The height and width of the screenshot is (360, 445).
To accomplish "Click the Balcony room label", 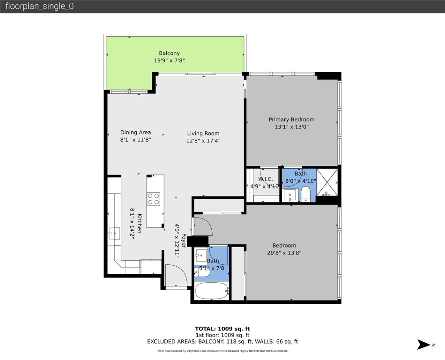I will point(169,53).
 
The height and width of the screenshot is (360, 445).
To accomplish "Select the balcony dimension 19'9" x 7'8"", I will point(169,60).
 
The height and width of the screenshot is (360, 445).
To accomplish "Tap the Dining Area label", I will point(135,132).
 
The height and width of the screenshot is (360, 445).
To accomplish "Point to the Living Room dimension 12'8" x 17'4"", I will point(203,140).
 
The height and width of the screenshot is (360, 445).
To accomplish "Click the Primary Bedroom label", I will point(291,120).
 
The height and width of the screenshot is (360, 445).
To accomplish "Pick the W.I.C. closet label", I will point(265,179).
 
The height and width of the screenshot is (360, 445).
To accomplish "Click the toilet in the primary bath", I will point(305,194).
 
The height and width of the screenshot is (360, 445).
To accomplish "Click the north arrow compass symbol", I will point(423,345).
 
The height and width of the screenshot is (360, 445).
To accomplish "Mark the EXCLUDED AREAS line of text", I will point(222,342).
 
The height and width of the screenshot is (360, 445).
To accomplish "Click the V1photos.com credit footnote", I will point(222,351).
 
